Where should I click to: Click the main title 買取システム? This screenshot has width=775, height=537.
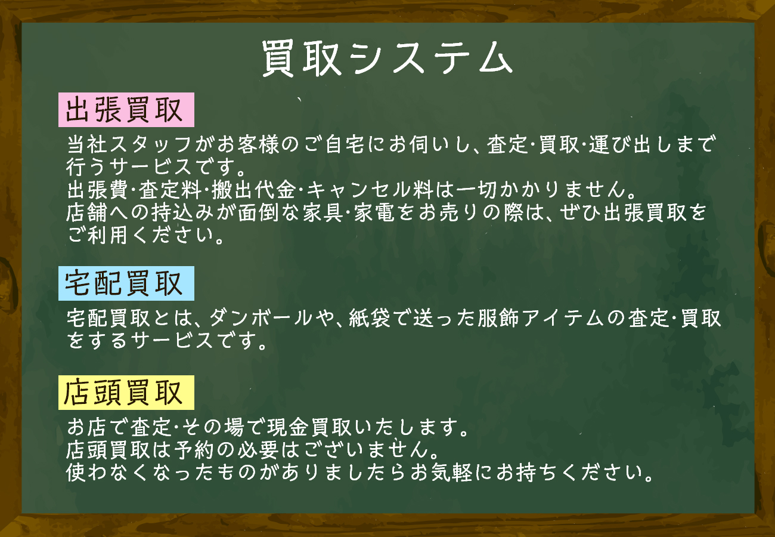click(x=387, y=58)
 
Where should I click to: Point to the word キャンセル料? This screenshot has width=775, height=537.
click(x=370, y=190)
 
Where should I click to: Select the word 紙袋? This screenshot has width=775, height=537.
click(x=370, y=318)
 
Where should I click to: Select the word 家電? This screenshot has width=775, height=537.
click(x=374, y=212)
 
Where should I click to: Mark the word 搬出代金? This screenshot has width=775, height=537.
click(x=253, y=190)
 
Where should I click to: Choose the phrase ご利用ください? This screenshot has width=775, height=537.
click(x=145, y=236)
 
